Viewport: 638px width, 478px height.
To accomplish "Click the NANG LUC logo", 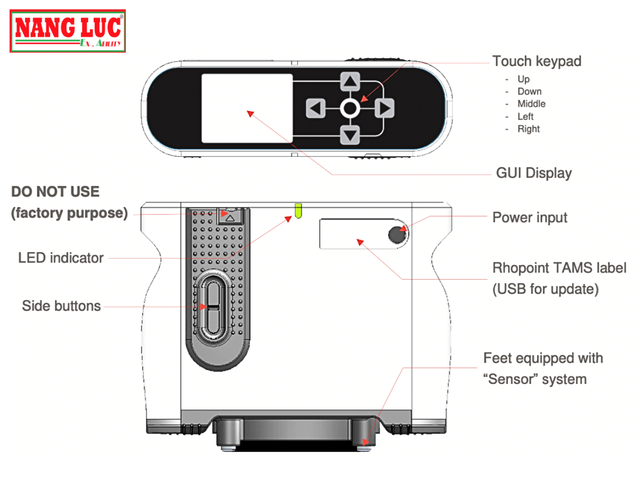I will coord(68,31).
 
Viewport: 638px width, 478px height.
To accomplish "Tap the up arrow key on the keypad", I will coord(350,81).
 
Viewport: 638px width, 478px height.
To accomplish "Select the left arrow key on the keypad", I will coord(315,109).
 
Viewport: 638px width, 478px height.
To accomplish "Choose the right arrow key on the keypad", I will coord(384,109).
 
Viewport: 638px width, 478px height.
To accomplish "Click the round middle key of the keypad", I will coord(349,109).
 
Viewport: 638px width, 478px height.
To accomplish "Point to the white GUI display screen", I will coord(247,108).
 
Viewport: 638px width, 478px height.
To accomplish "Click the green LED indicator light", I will coord(298,210).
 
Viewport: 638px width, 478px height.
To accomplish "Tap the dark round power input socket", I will coord(396,234).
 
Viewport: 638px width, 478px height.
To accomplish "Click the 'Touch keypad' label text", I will coord(536,61).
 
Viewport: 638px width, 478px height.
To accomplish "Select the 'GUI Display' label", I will coord(533,173).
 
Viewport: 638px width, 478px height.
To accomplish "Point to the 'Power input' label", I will coord(530,218).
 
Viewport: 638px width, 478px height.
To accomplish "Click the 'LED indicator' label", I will coord(61,258).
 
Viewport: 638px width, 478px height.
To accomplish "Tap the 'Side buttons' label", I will coord(61,306).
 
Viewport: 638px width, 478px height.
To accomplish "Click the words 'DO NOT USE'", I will coord(55,192).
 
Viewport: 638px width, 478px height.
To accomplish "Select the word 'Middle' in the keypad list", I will coord(531,104).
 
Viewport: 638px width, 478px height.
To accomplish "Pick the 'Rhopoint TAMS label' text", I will coord(559,268).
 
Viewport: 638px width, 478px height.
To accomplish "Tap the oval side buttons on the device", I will coord(213,308).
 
